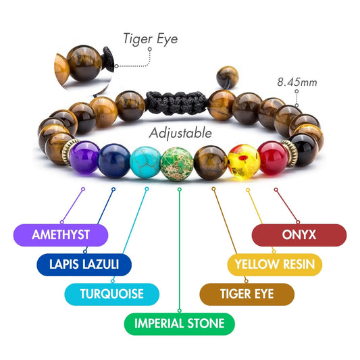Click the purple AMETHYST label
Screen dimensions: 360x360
pos(61,234)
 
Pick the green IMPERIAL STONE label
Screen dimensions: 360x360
pos(179,324)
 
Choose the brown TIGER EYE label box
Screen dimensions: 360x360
pos(247,294)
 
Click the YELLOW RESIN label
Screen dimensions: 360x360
pos(274,263)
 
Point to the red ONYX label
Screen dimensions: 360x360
pos(299,234)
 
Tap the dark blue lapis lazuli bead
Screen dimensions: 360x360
pos(111,160)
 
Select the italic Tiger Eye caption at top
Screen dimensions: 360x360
pos(150,38)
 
